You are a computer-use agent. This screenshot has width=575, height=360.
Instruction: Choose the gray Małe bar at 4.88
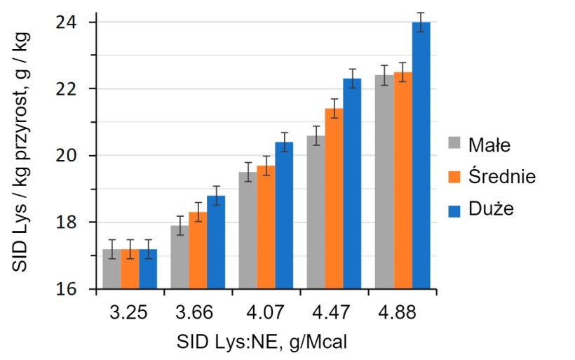pos(384,182)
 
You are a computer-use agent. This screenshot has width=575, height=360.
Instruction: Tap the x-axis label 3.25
pos(130,312)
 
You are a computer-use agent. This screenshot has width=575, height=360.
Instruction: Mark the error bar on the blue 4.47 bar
pos(352,79)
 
